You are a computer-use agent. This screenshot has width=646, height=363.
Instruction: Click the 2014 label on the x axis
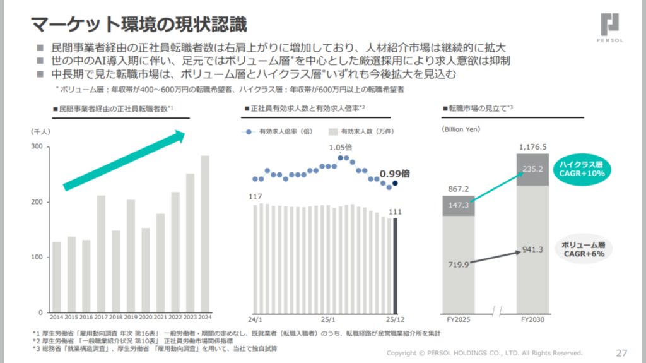coord(56,317)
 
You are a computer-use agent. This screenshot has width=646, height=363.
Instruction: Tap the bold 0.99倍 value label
coord(395,173)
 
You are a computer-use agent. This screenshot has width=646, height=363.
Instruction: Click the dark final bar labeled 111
coord(396,265)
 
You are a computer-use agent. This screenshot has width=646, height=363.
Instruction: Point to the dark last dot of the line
coord(396,184)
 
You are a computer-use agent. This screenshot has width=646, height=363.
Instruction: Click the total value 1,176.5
coord(532,147)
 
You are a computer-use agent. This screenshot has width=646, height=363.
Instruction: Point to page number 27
coord(621,352)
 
